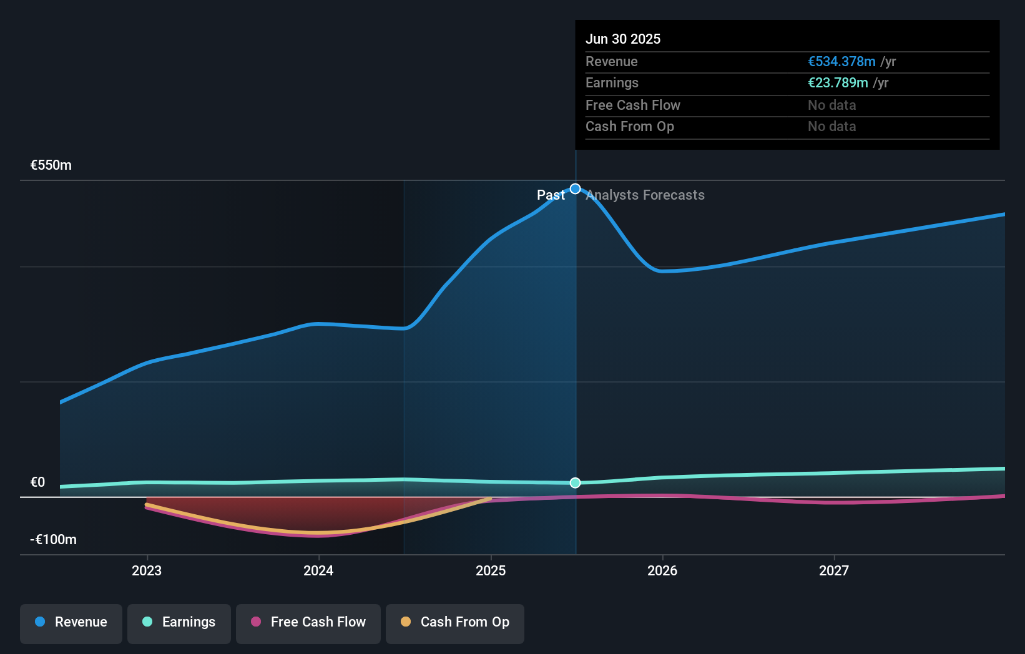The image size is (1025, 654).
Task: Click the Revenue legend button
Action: click(71, 622)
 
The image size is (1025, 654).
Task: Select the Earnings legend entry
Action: click(179, 622)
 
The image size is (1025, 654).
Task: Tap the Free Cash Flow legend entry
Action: click(308, 622)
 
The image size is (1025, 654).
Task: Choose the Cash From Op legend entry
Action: click(455, 622)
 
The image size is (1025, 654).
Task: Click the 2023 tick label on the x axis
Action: click(147, 570)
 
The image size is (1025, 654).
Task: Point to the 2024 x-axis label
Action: click(318, 570)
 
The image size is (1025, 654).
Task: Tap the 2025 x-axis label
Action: click(491, 570)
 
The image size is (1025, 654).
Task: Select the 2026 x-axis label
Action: click(662, 570)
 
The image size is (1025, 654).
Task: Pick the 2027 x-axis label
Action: click(834, 570)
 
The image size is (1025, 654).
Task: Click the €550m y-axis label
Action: click(51, 165)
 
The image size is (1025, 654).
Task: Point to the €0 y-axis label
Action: click(37, 482)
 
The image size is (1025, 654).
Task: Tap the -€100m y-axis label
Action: click(53, 539)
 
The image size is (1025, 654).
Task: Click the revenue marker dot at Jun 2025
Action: click(576, 188)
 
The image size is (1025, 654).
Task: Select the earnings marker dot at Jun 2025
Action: click(576, 482)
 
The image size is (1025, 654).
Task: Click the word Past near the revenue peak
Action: click(551, 195)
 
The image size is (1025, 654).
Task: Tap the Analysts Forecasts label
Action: click(645, 195)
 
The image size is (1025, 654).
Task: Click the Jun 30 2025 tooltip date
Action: click(623, 39)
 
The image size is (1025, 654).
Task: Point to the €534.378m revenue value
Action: click(841, 61)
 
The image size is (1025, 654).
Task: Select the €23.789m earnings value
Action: click(838, 83)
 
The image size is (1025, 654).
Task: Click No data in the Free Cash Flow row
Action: click(831, 105)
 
